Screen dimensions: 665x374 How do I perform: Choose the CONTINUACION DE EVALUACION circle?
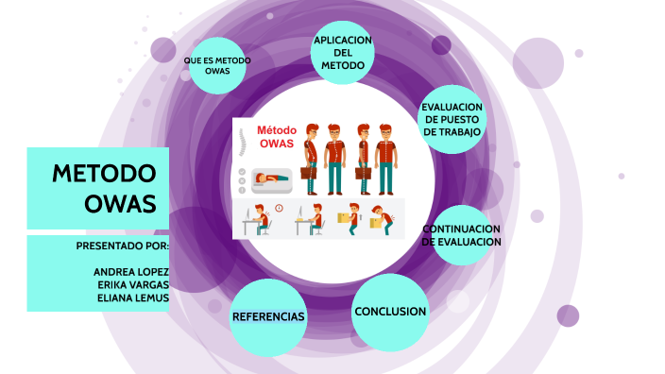[461, 236]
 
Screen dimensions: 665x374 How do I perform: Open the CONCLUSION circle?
[390, 312]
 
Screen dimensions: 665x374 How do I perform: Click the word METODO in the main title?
[103, 175]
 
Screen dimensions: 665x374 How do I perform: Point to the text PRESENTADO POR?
[122, 246]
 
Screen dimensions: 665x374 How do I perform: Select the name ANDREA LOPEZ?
[131, 271]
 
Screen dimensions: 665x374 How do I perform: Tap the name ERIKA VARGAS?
[133, 284]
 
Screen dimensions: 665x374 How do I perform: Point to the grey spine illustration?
[243, 144]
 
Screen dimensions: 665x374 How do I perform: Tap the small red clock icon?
[280, 208]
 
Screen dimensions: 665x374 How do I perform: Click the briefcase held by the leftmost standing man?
[307, 172]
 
